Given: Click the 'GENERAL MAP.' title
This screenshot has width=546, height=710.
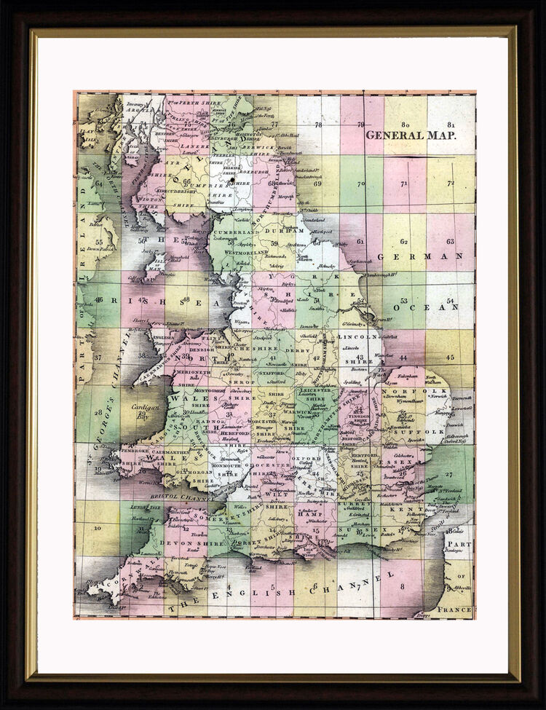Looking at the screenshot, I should (411, 135).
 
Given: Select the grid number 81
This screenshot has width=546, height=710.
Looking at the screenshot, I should (451, 125).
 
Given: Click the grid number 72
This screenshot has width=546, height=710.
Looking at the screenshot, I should (451, 183).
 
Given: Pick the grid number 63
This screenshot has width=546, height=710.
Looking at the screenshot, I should (451, 241).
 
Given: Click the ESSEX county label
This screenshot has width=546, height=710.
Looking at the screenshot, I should (396, 461).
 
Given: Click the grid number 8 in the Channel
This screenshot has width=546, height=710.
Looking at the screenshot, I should (401, 583).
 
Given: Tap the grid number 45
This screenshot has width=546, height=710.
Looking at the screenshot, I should (451, 358).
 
